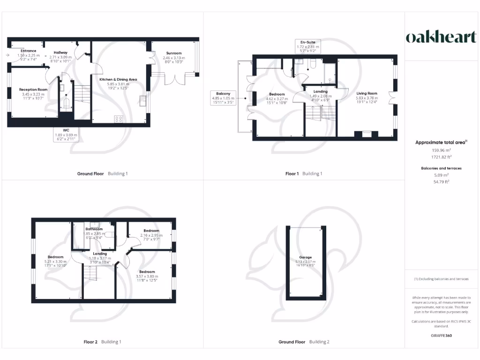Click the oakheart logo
pos(441,37)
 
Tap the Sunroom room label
pos(173,53)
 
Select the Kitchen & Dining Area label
pos(118,80)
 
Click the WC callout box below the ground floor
pos(65,135)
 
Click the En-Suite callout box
pos(307,47)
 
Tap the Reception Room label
pos(33,90)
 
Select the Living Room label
pos(366,93)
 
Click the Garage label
pos(306,257)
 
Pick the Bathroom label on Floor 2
pos(94,229)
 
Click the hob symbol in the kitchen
pos(119,119)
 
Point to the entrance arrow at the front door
pos(7,55)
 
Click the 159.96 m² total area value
pos(441,150)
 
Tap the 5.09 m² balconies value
pos(441,174)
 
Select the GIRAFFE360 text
pos(441,335)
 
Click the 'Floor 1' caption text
pos(292,173)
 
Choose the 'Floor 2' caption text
pos(90,342)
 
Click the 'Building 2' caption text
pos(319,342)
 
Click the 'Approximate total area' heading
pos(440,142)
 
